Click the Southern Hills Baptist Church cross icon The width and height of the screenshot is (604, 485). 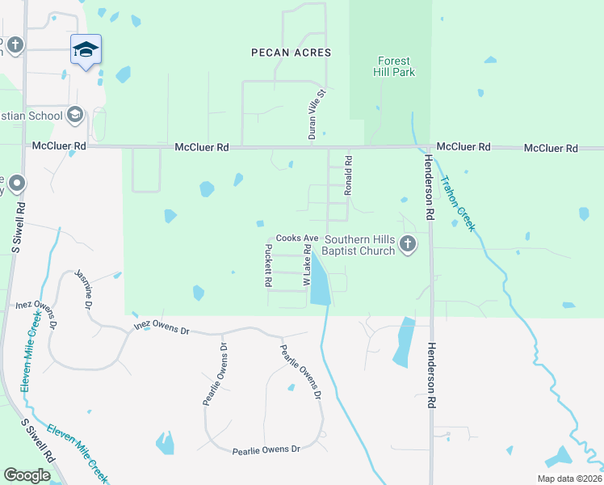[x=409, y=243]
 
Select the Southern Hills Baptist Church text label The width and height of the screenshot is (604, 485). [x=360, y=245]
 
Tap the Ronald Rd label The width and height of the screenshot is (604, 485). [x=349, y=176]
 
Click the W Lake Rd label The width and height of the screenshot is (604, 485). [x=307, y=267]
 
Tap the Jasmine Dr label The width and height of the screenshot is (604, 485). [x=83, y=286]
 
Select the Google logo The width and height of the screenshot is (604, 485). [x=27, y=474]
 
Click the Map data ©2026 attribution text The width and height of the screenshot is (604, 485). [x=569, y=479]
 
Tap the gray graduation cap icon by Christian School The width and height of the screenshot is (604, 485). [x=75, y=115]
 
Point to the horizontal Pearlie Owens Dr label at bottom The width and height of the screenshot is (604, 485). [x=266, y=449]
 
